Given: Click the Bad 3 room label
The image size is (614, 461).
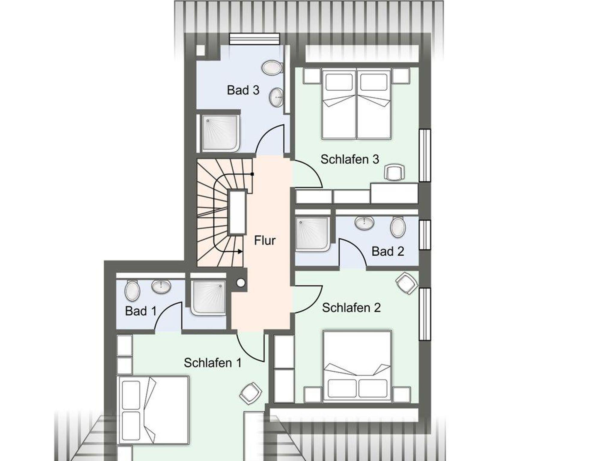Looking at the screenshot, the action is [x=243, y=90].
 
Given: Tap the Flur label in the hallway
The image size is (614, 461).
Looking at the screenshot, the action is [x=265, y=240].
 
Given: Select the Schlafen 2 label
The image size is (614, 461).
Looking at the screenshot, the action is [x=351, y=308].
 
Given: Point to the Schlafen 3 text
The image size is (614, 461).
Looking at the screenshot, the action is [x=350, y=159].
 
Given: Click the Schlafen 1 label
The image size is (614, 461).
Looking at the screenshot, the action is [x=213, y=363].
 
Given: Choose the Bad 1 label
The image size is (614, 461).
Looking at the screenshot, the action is [x=141, y=311].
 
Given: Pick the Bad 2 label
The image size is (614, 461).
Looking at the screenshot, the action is [x=388, y=251].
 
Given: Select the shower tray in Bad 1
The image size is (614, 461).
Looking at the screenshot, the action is [x=209, y=298].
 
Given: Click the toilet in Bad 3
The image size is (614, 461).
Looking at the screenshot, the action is [x=272, y=67].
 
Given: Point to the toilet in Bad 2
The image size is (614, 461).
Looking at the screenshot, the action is [x=398, y=228].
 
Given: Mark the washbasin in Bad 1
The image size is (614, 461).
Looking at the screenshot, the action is [x=161, y=286].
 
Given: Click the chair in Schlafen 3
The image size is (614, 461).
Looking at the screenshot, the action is [x=394, y=172].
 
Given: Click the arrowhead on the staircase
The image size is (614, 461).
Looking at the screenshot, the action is [x=240, y=251].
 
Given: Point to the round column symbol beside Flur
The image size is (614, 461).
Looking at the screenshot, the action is [x=241, y=283].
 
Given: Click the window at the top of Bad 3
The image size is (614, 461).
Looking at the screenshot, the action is [x=254, y=39].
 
